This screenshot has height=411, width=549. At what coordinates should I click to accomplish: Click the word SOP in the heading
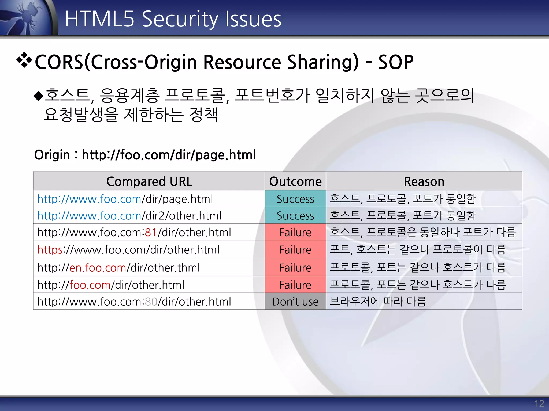click(396, 62)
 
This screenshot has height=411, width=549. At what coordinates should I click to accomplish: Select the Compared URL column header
click(149, 181)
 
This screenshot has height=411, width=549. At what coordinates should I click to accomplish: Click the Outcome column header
click(295, 181)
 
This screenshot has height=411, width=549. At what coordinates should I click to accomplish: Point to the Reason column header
click(424, 181)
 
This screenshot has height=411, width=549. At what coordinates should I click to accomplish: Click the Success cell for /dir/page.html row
click(295, 199)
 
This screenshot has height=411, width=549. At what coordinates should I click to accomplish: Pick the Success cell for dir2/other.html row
click(295, 216)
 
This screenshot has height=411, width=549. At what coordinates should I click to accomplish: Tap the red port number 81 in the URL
click(151, 232)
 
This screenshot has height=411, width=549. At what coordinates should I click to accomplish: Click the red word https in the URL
click(50, 250)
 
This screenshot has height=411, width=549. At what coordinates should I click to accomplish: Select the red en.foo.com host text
click(98, 268)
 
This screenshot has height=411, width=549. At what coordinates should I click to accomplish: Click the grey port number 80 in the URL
click(151, 302)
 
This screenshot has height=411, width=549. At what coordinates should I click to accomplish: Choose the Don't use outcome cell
click(295, 302)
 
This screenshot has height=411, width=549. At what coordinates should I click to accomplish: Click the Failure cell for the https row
click(295, 250)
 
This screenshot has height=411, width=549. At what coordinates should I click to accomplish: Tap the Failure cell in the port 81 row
click(295, 232)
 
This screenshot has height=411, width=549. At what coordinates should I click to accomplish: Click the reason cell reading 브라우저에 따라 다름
click(378, 302)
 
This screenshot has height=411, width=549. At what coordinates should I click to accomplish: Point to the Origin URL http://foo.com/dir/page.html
click(169, 155)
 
